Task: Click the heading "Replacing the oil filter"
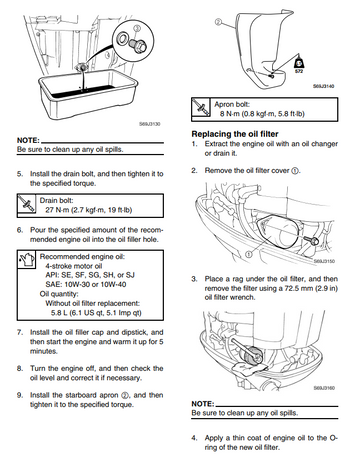235,134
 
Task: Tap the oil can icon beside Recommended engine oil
26,260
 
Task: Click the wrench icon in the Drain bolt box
26,204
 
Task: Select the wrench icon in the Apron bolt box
201,107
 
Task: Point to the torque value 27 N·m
56,210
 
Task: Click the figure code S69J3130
150,124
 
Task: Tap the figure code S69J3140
323,86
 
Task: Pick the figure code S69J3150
324,261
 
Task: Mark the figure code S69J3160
324,388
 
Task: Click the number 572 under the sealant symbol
299,71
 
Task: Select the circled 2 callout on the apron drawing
218,22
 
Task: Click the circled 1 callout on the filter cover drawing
248,254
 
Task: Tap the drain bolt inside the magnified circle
138,45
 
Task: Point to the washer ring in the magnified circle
122,38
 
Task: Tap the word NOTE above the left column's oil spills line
28,140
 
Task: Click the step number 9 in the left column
20,395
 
